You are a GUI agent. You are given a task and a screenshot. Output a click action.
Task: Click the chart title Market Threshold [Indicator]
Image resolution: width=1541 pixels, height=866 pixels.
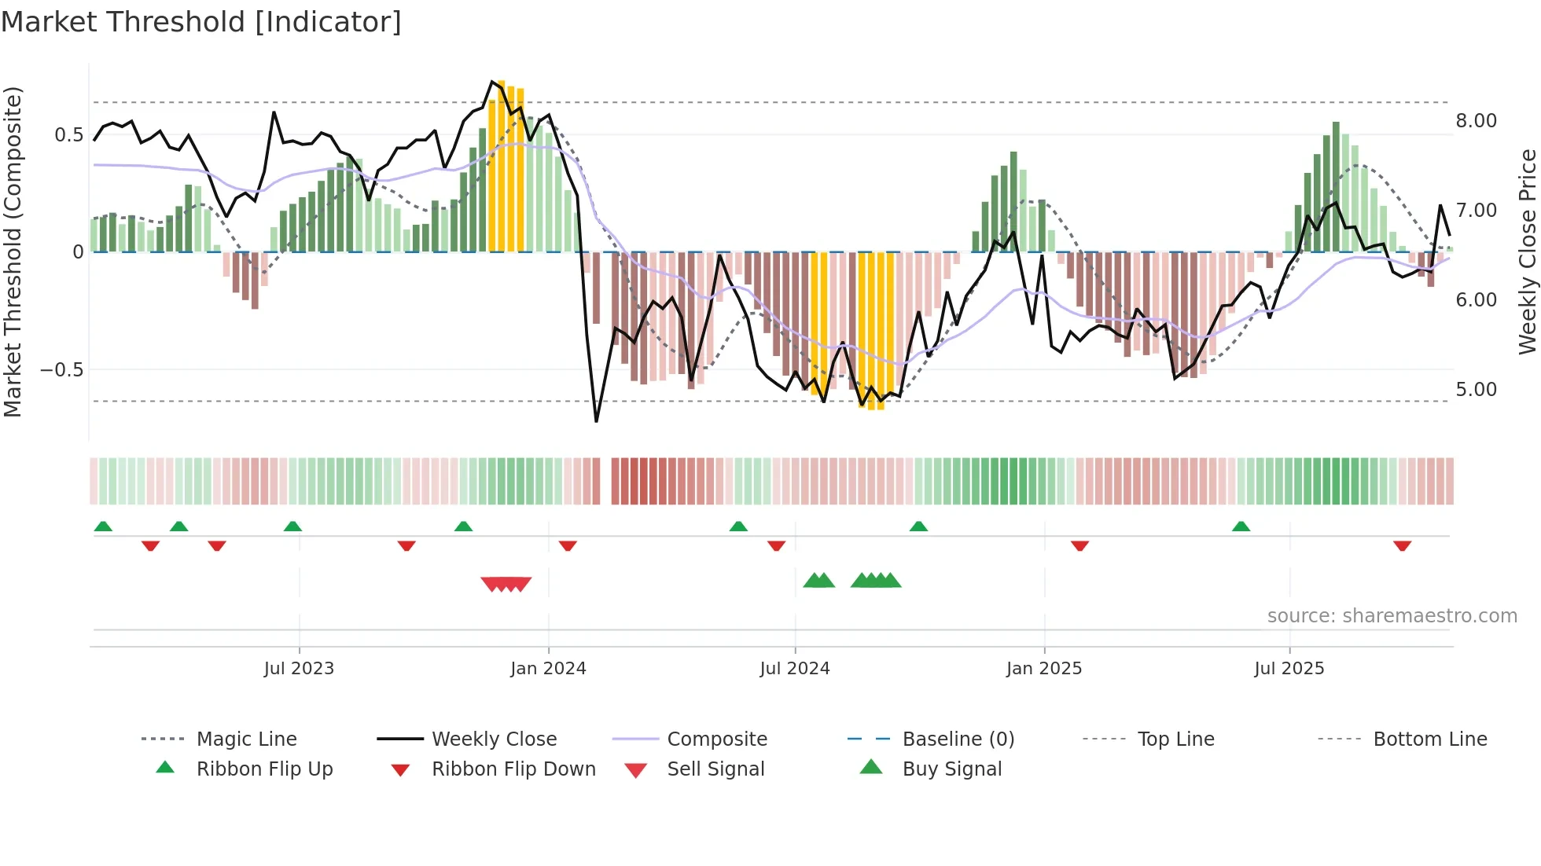(x=201, y=22)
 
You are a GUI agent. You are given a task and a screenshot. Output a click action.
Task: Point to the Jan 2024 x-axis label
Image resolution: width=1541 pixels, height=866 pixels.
(x=548, y=669)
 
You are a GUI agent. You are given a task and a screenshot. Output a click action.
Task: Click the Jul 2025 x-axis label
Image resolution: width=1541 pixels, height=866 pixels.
(x=1289, y=669)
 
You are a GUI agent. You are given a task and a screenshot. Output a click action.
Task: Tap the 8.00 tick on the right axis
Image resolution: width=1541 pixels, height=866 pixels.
(x=1476, y=121)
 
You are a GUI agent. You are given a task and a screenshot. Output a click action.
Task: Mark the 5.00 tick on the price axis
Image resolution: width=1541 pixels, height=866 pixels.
(x=1476, y=390)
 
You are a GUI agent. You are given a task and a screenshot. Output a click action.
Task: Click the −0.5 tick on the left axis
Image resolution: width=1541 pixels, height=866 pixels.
(x=62, y=370)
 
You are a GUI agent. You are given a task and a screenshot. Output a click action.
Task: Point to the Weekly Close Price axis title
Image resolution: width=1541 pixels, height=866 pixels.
(x=1527, y=251)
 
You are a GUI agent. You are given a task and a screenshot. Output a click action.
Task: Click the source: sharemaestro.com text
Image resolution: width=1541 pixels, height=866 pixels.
(x=1392, y=616)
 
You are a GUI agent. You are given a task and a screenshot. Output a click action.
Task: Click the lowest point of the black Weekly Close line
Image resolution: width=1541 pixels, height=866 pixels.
(x=596, y=421)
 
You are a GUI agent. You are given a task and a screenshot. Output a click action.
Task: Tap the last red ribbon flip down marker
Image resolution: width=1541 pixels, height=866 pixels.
(x=1402, y=546)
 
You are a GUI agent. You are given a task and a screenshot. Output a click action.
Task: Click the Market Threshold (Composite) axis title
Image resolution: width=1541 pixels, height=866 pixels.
(x=13, y=251)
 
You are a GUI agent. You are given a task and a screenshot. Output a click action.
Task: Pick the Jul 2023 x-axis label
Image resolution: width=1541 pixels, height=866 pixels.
(x=299, y=669)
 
